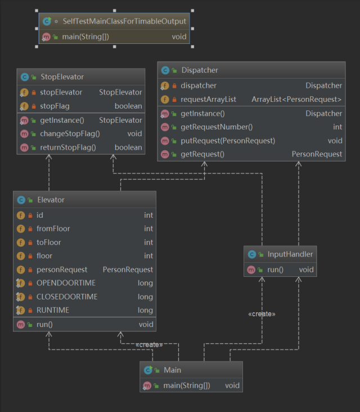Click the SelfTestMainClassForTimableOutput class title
124,21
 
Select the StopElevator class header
62,77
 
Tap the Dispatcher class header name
200,70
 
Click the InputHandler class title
290,254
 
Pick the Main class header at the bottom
173,370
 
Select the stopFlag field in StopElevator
55,106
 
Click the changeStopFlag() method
70,134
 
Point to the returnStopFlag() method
68,147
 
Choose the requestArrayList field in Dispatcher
208,99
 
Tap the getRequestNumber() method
217,127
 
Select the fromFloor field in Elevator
53,229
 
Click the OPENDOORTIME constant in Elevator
66,283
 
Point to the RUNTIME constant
52,310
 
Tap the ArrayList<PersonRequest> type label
296,99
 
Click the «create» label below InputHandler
262,314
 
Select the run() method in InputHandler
275,270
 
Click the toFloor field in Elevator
49,242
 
